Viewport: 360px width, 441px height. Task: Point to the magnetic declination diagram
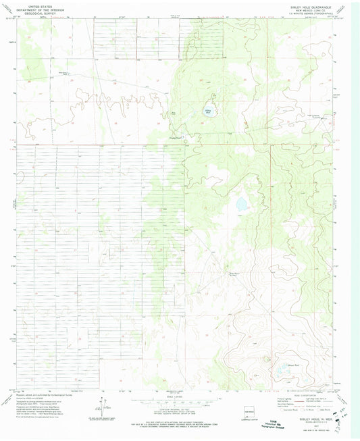(x=102, y=406)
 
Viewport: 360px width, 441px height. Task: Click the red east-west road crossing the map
(x=135, y=145)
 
